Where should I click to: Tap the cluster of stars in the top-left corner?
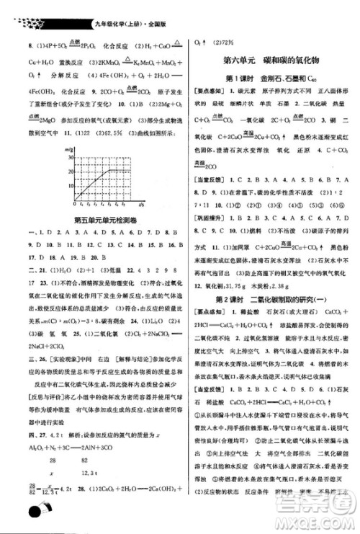pos(25,9)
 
